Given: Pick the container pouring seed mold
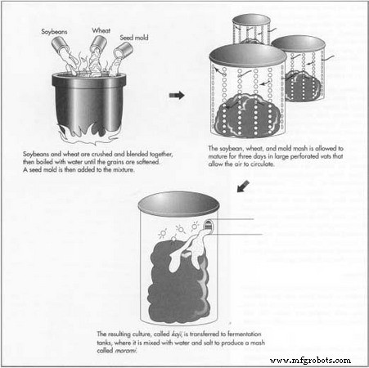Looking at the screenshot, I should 124,51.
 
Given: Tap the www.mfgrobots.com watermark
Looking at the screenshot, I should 310,360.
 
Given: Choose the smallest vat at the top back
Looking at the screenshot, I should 251,29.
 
